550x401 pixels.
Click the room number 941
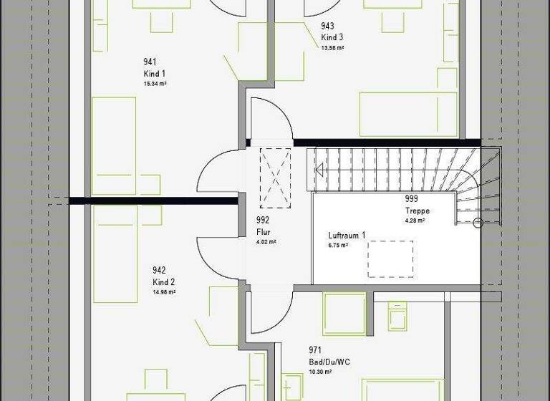pos(150,62)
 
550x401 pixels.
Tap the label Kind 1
pos(155,74)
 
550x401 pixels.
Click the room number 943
pos(327,26)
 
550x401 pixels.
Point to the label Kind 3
pos(332,37)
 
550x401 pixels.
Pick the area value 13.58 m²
pos(333,47)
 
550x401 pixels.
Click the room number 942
pos(159,270)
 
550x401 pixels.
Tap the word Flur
pos(263,232)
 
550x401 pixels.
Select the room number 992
pos(263,221)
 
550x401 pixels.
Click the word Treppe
pos(416,211)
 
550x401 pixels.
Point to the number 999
pos(411,200)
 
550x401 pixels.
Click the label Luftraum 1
pos(347,236)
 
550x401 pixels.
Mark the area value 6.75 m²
pos(338,245)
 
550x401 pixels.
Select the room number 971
pos(315,350)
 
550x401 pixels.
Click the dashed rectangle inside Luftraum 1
pos(391,259)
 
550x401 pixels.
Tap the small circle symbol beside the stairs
pos(478,223)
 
